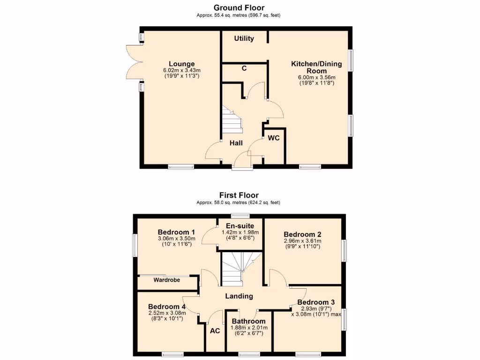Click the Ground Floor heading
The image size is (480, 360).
(x=239, y=7)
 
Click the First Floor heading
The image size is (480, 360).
(x=239, y=195)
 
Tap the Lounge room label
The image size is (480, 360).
(x=181, y=64)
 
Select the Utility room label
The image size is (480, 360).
(x=244, y=38)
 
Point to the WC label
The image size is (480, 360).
(x=274, y=138)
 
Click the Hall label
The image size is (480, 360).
(x=236, y=143)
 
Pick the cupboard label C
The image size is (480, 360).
(x=244, y=68)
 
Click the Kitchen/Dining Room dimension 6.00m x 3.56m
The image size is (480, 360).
(x=316, y=77)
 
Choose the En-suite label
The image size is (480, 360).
(x=240, y=226)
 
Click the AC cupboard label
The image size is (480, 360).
(x=215, y=330)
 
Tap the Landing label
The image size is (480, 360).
(x=239, y=296)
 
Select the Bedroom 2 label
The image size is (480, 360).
(x=302, y=234)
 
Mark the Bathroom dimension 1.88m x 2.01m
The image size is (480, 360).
(x=249, y=328)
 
